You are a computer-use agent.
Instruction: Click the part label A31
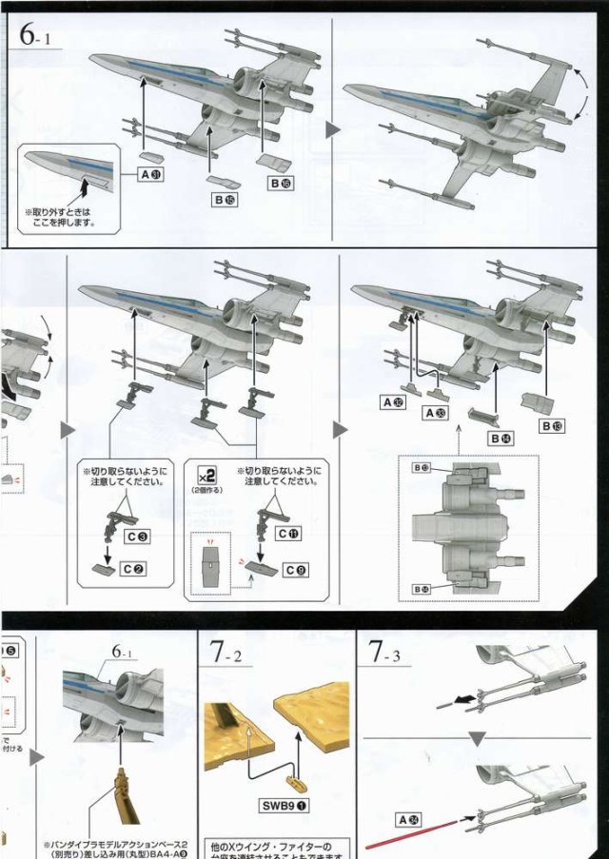tap(150, 174)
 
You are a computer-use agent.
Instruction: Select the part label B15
tap(225, 200)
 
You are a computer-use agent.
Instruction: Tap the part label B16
tap(282, 182)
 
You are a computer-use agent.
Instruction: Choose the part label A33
tap(436, 413)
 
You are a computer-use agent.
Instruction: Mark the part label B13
tap(553, 425)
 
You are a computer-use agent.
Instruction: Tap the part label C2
tap(134, 568)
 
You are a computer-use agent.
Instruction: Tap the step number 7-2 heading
tap(227, 654)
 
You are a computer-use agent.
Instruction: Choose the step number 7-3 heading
tap(389, 654)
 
